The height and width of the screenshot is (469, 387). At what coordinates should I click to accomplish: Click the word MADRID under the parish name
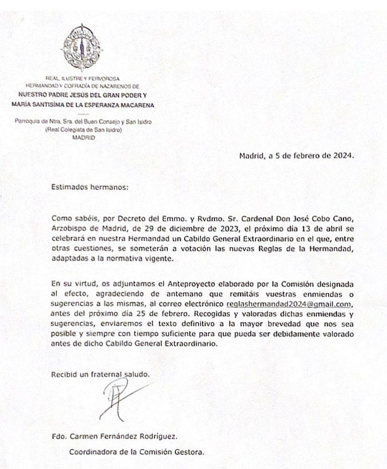84,138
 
